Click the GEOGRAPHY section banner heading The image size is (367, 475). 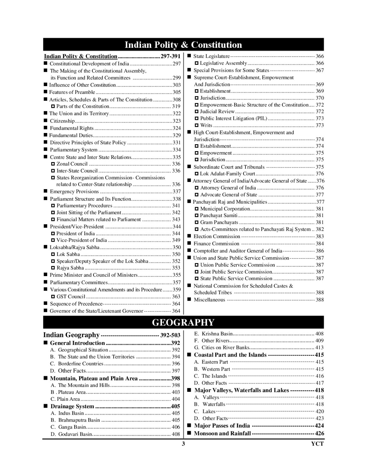pos(183,322)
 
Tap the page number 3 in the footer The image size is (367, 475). pos(183,444)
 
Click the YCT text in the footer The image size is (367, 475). pos(317,444)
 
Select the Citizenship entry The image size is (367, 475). pos(62,121)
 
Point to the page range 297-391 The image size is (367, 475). pos(170,56)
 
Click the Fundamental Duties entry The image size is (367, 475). pos(71,135)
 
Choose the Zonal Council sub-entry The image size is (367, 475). pos(72,164)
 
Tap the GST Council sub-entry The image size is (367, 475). pos(71,297)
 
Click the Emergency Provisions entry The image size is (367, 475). pos(74,191)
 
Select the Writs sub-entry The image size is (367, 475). pos(206,125)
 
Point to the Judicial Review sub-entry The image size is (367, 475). pos(217,112)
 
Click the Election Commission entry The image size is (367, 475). pos(217,236)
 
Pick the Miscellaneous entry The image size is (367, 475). pos(209,300)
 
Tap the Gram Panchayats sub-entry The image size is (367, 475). pos(219,222)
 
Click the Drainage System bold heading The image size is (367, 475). pos(72,406)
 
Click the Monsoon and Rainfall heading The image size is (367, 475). pos(222,433)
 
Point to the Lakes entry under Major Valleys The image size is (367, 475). pos(209,411)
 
